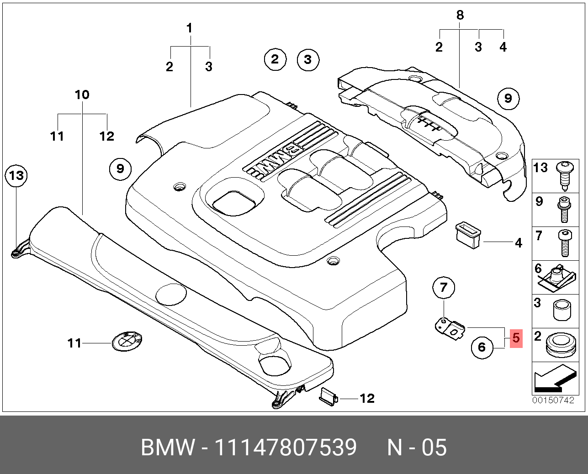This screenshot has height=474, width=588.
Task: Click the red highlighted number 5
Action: pos(515,338)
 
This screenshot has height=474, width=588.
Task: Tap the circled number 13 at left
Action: pos(16,175)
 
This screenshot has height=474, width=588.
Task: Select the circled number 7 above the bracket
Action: pos(444,288)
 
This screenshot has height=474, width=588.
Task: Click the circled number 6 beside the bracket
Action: pos(482,348)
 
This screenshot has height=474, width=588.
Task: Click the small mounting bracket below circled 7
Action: pos(450,328)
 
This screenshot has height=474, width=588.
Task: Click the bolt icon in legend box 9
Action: pos(563,209)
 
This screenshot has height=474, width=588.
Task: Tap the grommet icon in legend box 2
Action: pos(559,345)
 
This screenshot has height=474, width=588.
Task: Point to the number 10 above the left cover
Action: pos(82,95)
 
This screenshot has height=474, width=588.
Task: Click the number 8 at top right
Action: pos(460,15)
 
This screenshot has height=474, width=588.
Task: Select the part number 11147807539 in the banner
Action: pos(285,448)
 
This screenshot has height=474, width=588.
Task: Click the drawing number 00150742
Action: pos(553,400)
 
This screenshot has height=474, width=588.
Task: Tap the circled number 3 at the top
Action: pos(307,59)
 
